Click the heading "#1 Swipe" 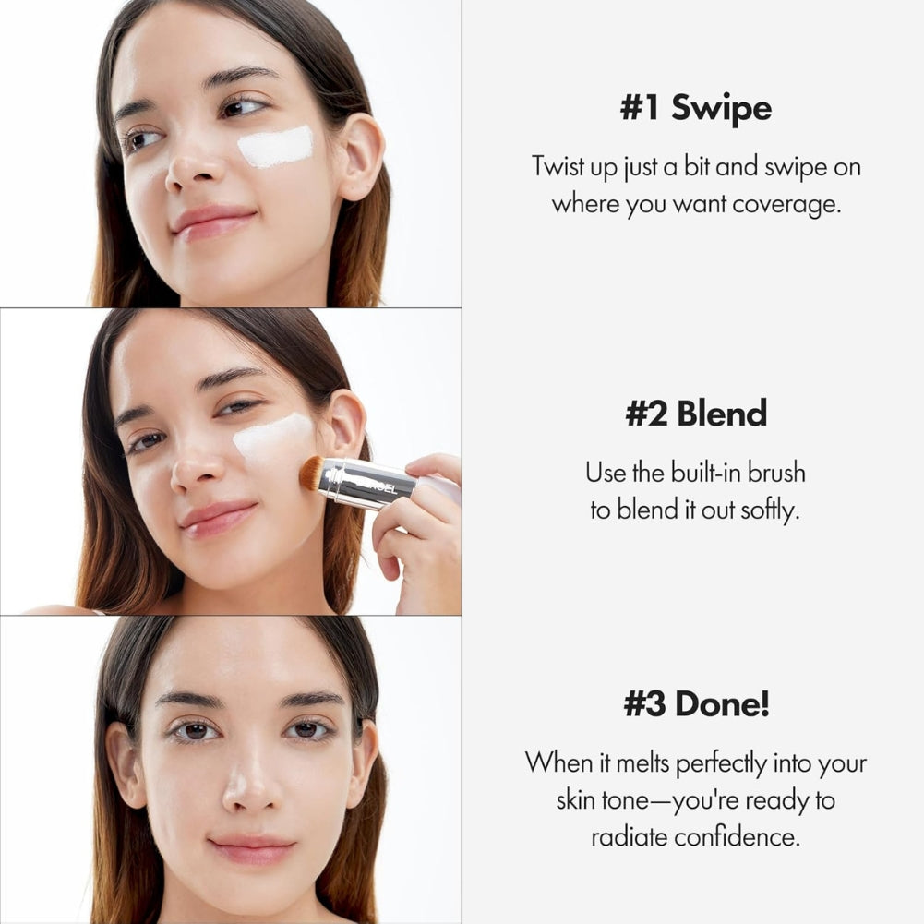tap(695, 108)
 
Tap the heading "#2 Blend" tap(695, 414)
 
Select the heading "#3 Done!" tap(695, 704)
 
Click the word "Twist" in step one tap(558, 168)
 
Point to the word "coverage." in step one tap(786, 203)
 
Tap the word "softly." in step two tap(770, 510)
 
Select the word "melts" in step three tap(636, 763)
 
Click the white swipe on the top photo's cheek tap(275, 147)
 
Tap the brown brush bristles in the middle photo tap(311, 473)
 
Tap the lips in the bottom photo tap(251, 849)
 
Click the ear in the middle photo tap(345, 424)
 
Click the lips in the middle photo tap(218, 518)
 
